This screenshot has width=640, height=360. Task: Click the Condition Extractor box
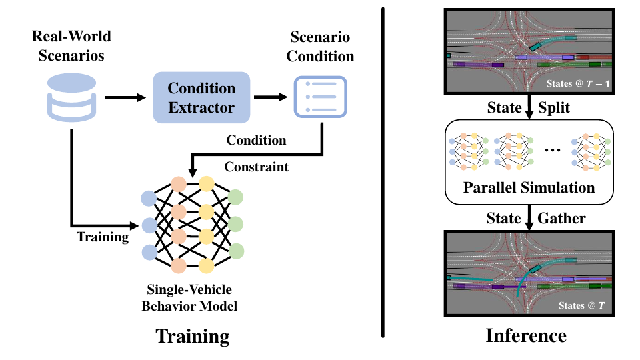tap(201, 97)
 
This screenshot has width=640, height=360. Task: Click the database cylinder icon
tap(72, 97)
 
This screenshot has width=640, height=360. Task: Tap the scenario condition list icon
tap(321, 97)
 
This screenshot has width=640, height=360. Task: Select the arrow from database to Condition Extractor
tap(125, 97)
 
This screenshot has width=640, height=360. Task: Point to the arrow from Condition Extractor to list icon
tap(271, 97)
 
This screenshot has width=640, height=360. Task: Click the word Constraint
tap(256, 167)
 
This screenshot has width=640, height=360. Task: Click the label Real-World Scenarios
tap(71, 46)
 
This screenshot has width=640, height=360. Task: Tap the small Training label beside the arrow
tap(103, 237)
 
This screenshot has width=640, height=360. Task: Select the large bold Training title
tap(192, 336)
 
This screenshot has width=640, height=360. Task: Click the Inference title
tap(526, 335)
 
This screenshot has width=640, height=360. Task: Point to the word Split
tap(554, 107)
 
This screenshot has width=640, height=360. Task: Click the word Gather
tap(561, 218)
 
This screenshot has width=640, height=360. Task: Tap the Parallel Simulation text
tap(529, 187)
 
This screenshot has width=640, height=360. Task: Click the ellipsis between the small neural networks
tap(553, 150)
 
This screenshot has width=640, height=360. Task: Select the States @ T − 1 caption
tap(579, 84)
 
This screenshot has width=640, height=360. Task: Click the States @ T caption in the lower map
tap(581, 305)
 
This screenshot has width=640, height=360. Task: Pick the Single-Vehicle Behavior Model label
tap(189, 297)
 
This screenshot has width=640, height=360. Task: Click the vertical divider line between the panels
tap(383, 173)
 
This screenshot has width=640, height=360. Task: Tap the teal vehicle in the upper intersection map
tap(535, 46)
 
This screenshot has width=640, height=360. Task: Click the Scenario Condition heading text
tap(320, 47)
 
